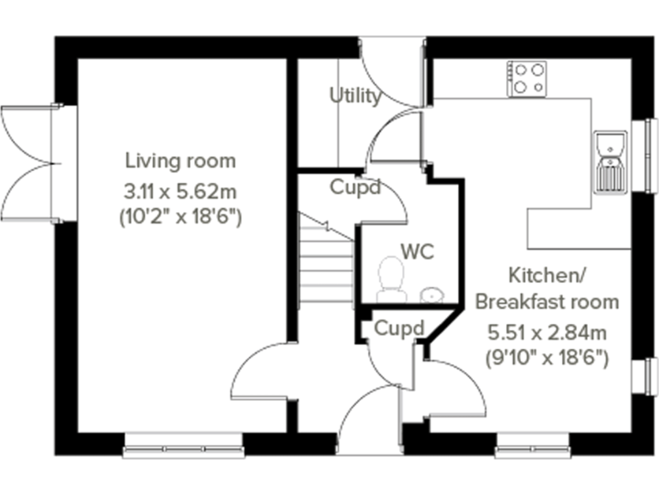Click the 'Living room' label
pyautogui.click(x=180, y=160)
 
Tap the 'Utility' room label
pyautogui.click(x=355, y=95)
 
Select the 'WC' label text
pyautogui.click(x=418, y=252)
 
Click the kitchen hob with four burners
pyautogui.click(x=528, y=78)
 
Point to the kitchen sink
pyautogui.click(x=610, y=161)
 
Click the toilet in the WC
pyautogui.click(x=391, y=280)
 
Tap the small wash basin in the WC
pyautogui.click(x=432, y=295)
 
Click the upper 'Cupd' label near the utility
pyautogui.click(x=355, y=186)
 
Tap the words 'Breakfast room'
pyautogui.click(x=547, y=302)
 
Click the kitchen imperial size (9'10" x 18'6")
pyautogui.click(x=547, y=357)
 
